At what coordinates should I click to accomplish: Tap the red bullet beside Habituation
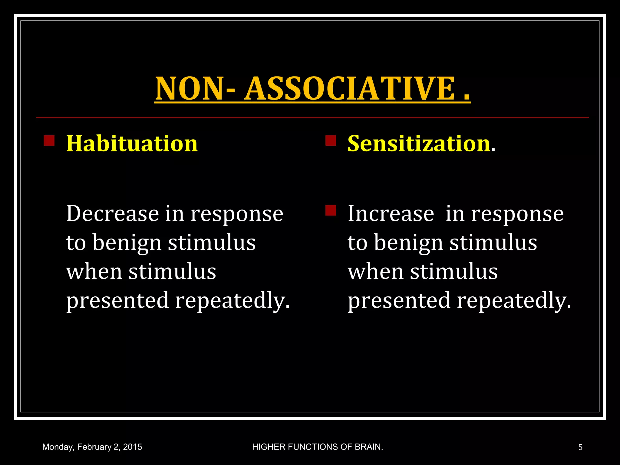pyautogui.click(x=49, y=141)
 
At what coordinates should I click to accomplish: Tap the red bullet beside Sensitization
pyautogui.click(x=331, y=141)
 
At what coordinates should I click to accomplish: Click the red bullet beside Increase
pyautogui.click(x=331, y=210)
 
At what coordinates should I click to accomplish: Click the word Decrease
pyautogui.click(x=112, y=214)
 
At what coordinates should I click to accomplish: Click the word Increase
pyautogui.click(x=391, y=214)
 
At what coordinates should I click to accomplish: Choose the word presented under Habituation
pyautogui.click(x=117, y=301)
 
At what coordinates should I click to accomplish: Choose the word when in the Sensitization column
pyautogui.click(x=375, y=272)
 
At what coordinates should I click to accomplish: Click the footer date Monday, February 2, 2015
pyautogui.click(x=92, y=447)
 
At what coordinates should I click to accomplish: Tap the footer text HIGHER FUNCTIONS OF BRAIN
pyautogui.click(x=318, y=447)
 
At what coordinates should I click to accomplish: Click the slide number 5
pyautogui.click(x=580, y=447)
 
